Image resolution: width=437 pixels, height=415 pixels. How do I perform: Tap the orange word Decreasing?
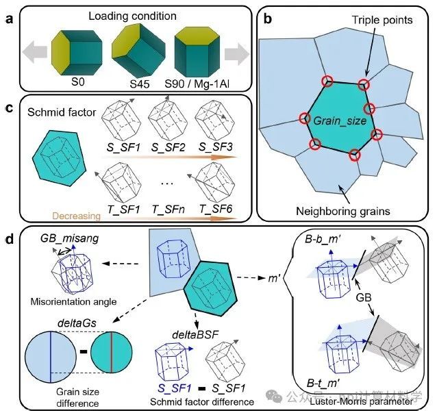[56, 214]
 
